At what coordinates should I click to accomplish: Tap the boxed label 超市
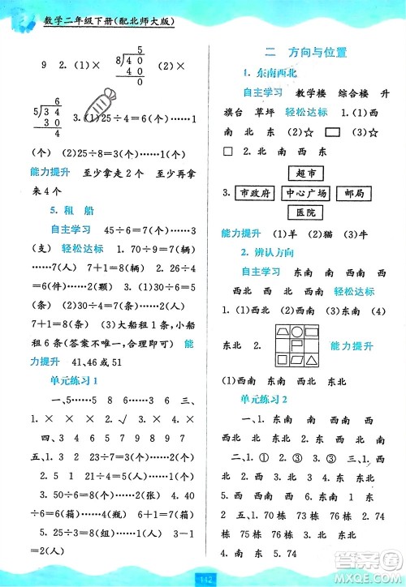(x=305, y=173)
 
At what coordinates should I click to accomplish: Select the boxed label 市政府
(x=253, y=193)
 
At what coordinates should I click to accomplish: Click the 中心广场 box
(x=305, y=193)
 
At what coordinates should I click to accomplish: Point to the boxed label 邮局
(x=353, y=193)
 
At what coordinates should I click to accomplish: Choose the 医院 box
(x=305, y=213)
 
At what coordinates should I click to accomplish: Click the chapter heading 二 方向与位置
(x=306, y=53)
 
